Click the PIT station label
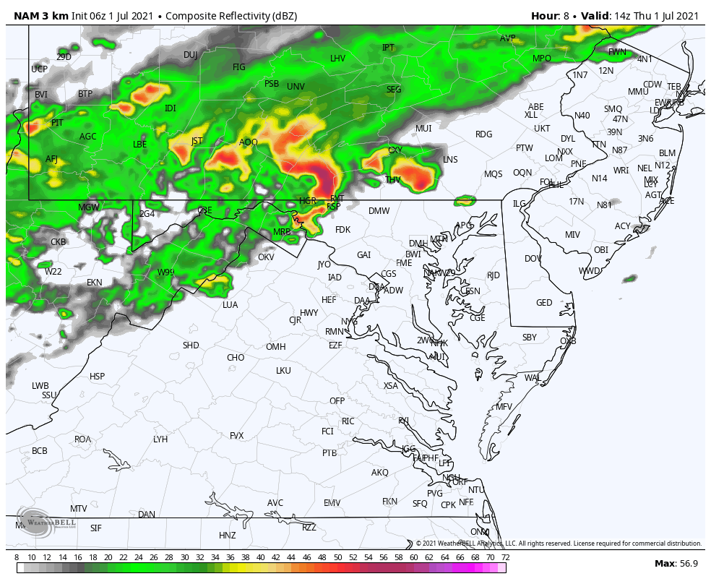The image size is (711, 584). click(x=57, y=123)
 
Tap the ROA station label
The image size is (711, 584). click(x=83, y=439)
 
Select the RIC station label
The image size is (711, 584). click(x=348, y=421)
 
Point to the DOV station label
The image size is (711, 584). click(x=533, y=259)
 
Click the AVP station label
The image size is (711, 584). click(x=508, y=38)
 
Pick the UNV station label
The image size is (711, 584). click(x=296, y=87)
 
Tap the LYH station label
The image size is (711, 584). click(x=160, y=439)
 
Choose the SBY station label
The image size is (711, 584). click(x=530, y=338)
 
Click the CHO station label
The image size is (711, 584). click(x=236, y=358)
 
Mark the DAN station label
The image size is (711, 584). click(x=147, y=515)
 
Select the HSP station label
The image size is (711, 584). click(x=97, y=377)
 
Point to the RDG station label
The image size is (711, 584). click(x=483, y=134)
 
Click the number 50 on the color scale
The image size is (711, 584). click(x=337, y=557)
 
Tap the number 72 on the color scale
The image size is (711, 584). click(x=506, y=557)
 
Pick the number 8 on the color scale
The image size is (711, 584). click(x=17, y=557)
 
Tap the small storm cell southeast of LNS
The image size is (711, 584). click(x=465, y=199)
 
